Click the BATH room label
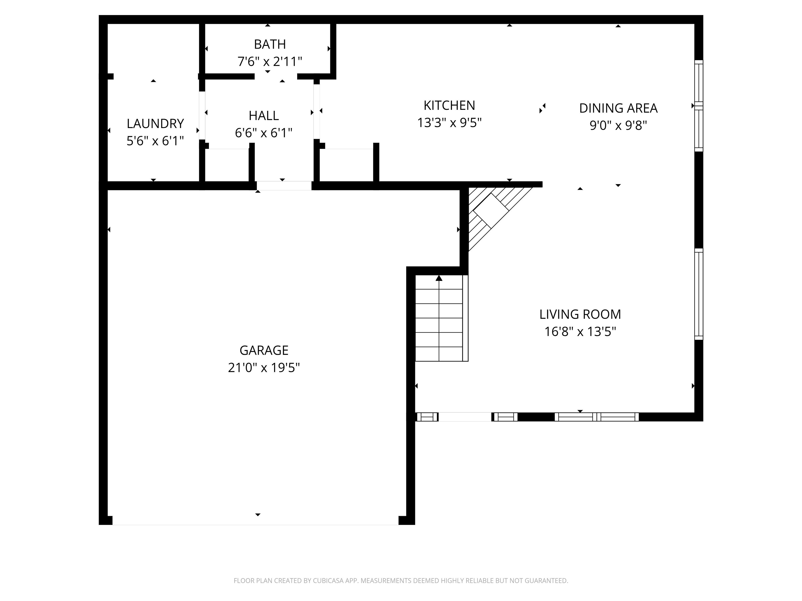pos(270,44)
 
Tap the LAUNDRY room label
pos(155,124)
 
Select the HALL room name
pos(264,116)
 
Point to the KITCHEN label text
pos(449,105)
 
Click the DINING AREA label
pos(618,108)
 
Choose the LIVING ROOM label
pos(580,314)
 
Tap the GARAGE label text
pos(264,350)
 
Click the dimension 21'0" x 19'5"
pos(264,368)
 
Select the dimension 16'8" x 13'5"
pos(580,332)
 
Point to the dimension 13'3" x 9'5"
pos(449,123)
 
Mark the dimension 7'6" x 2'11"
pos(270,62)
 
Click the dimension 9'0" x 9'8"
pos(618,125)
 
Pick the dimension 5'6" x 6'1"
pos(155,141)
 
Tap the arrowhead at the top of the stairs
pos(439,278)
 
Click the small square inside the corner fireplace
pos(491,211)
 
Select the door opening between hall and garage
pos(284,186)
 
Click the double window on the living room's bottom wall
pos(597,417)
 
